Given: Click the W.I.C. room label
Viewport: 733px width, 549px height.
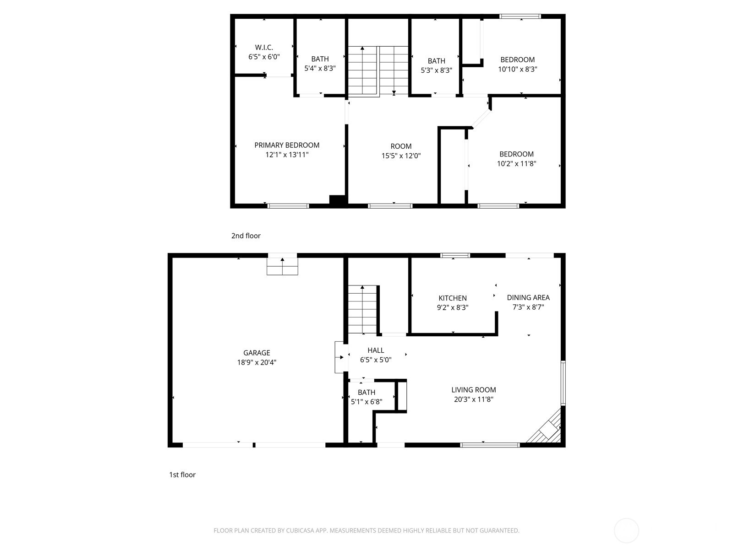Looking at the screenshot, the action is (264, 47).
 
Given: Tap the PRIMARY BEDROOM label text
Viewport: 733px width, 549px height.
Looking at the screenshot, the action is (287, 145).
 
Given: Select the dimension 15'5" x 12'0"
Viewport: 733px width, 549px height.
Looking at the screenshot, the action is (401, 156).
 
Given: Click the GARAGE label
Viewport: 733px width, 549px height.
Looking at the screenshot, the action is (257, 353).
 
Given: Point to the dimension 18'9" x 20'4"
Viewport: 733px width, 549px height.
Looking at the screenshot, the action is (257, 362).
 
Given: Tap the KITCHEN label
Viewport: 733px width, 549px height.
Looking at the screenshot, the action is (453, 298).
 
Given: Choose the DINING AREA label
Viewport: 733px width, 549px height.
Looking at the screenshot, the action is (528, 297).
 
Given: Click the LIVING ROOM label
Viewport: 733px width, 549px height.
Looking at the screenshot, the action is (474, 390).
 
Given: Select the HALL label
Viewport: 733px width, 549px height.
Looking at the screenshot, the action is (376, 350).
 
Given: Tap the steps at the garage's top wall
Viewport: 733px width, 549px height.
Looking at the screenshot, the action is (282, 266).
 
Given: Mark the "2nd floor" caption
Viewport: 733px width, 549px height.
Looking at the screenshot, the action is (246, 236).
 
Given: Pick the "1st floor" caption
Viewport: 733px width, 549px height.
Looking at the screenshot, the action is (182, 475).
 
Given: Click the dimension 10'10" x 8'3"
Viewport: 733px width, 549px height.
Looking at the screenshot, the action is (518, 70).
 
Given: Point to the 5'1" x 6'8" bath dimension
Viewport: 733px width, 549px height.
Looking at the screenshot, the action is (366, 402).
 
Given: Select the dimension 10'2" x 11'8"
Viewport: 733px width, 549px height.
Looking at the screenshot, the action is (517, 164).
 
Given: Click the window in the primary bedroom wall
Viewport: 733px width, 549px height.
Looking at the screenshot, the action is (288, 206).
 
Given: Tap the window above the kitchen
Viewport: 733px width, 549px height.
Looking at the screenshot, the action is (455, 256).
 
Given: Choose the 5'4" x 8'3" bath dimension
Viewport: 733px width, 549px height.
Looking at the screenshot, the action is (320, 68).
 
